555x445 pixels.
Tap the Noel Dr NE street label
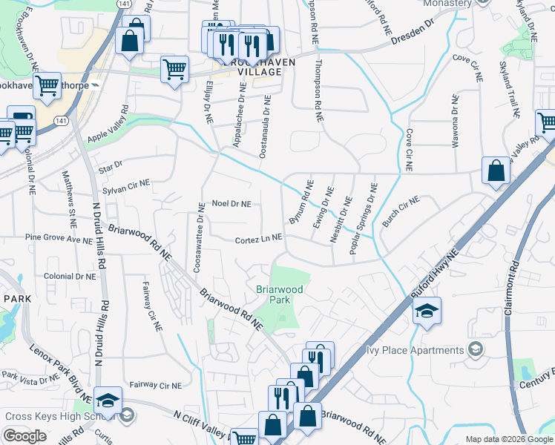pos(231,203)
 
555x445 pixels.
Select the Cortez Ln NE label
pos(258,240)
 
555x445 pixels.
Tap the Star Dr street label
pos(109,171)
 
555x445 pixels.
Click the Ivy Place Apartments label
pos(410,350)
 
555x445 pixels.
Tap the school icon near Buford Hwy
pos(427,310)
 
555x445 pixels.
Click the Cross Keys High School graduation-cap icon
pos(108,400)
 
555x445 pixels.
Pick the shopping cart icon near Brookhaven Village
pos(174,70)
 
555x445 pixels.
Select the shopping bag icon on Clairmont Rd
pos(496,171)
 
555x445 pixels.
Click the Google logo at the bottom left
pos(24,436)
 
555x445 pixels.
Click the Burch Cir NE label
pos(401,211)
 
